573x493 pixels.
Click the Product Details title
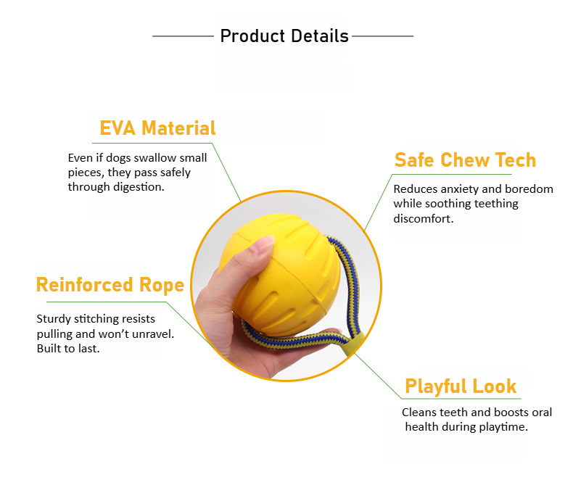pos(284,36)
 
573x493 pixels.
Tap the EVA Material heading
pos(157,128)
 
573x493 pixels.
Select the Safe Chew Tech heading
pos(465,160)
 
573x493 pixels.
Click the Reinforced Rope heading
pos(110,285)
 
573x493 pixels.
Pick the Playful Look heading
pos(461,386)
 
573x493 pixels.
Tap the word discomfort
pos(423,219)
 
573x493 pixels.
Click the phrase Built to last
pos(68,349)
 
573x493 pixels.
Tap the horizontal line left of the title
pos(183,36)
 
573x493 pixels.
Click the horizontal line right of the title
pos(383,36)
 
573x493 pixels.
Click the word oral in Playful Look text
pos(542,413)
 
